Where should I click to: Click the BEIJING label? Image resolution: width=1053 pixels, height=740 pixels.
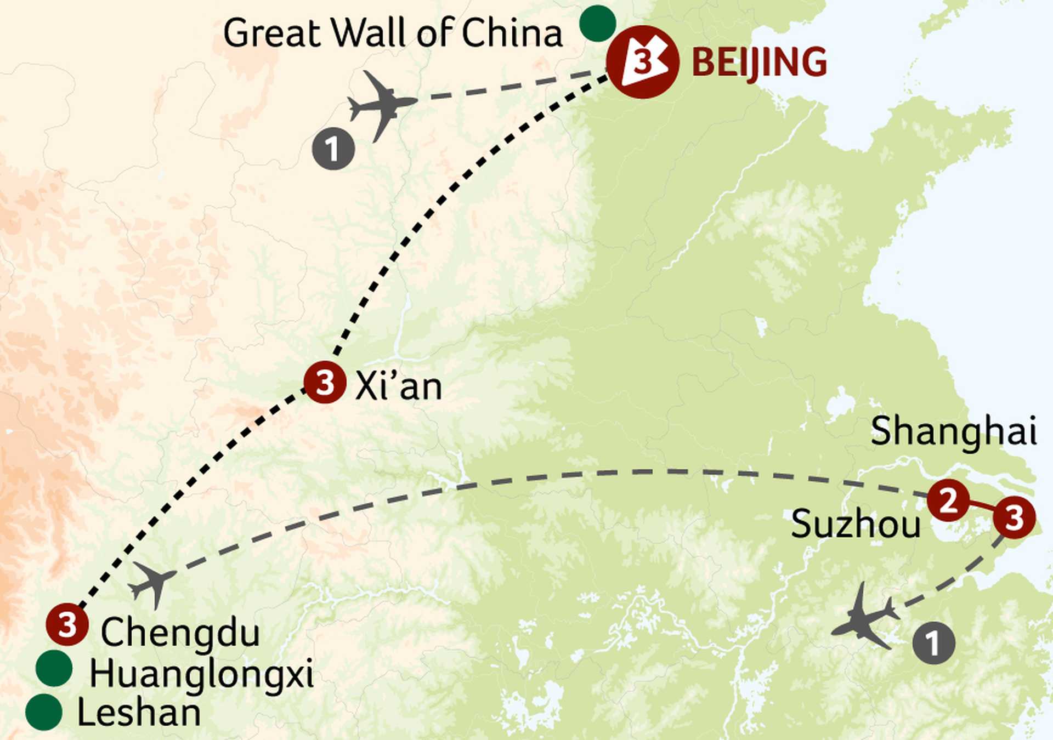click(x=759, y=62)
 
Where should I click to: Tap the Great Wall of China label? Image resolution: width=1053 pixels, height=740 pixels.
click(x=393, y=33)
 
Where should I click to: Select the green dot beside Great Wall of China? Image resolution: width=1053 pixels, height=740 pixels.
click(x=598, y=23)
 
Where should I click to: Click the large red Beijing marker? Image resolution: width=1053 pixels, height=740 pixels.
click(x=643, y=62)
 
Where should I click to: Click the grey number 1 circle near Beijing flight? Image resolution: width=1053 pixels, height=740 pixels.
click(x=333, y=148)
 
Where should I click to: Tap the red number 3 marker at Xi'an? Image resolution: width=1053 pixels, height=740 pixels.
click(x=325, y=383)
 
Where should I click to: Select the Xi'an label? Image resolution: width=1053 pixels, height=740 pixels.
click(x=399, y=386)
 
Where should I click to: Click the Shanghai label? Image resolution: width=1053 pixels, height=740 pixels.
click(x=953, y=432)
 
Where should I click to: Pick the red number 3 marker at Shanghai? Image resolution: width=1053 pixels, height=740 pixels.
click(x=1014, y=517)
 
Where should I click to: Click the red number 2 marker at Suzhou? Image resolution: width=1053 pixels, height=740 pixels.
click(x=948, y=500)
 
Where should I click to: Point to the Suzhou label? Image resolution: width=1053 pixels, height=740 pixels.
click(x=856, y=524)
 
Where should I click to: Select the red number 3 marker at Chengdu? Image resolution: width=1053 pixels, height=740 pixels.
click(x=67, y=624)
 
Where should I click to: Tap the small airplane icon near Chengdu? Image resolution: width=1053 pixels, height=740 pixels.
click(x=154, y=583)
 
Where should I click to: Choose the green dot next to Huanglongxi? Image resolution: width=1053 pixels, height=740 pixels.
click(x=54, y=668)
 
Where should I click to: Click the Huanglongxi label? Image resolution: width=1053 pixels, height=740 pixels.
click(x=201, y=674)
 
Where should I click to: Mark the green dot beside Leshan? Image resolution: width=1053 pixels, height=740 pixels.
click(x=44, y=712)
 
